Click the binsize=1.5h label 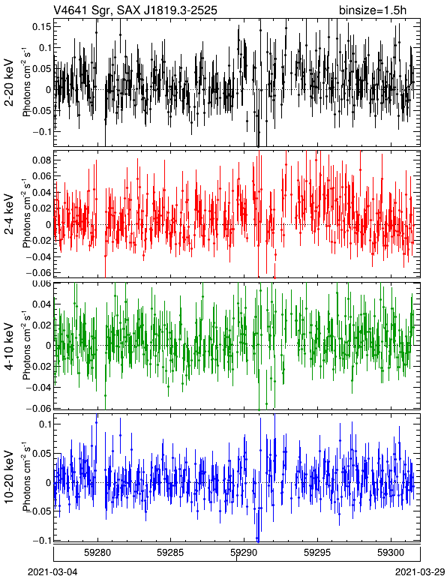[373, 10]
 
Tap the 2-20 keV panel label [10, 82]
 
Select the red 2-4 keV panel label [10, 214]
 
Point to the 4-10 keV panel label [10, 346]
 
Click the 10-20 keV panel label [10, 477]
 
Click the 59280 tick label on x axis [97, 553]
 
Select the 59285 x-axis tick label [170, 553]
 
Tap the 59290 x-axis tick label [244, 553]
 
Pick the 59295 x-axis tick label [317, 553]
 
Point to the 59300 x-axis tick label [391, 553]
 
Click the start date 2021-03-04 [52, 571]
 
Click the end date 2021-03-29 [420, 571]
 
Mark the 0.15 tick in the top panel [41, 26]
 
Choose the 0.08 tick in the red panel [41, 160]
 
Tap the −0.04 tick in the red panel [39, 256]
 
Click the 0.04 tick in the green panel [41, 304]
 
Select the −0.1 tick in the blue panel [42, 540]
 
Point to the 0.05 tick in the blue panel [41, 454]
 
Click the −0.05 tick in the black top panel [39, 110]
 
